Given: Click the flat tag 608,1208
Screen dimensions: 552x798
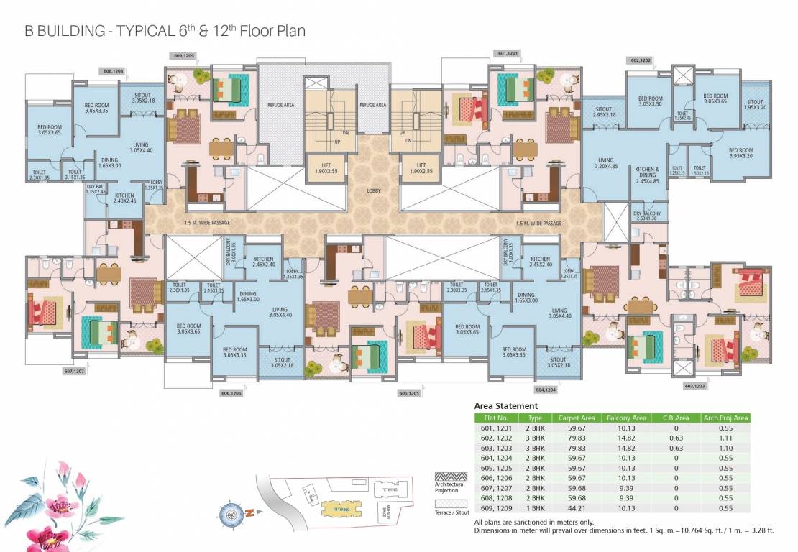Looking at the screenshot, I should [x=114, y=71].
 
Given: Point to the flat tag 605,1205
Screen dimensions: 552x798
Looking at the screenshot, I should [x=408, y=393].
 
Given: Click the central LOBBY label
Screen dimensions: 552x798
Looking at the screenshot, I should [x=372, y=190].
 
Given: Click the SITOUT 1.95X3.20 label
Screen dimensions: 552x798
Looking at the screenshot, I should [x=755, y=105].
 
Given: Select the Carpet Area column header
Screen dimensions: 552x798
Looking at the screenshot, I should [x=576, y=418].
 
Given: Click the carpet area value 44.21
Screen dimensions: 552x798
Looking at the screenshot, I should [x=576, y=508].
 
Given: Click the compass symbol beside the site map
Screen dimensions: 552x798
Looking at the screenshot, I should [x=230, y=513].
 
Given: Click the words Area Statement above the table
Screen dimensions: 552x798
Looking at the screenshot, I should [x=505, y=406].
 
